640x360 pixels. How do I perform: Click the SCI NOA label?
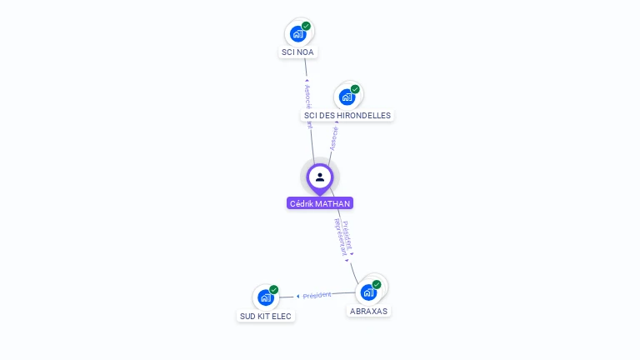(298, 52)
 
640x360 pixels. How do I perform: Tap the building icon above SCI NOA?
(297, 34)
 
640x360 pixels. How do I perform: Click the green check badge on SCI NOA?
(306, 26)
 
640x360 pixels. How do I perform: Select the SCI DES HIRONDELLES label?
(347, 115)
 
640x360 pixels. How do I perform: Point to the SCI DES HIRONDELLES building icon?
(347, 97)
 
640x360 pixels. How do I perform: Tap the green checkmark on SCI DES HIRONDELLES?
(355, 89)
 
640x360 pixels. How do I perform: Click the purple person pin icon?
(320, 177)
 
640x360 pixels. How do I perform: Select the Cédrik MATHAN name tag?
(320, 203)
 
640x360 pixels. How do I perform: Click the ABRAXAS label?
(368, 311)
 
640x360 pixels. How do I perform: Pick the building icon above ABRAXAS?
(368, 292)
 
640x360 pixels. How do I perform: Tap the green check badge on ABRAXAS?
(377, 284)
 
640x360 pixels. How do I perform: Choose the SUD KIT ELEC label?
(266, 316)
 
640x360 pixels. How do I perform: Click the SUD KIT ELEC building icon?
(266, 297)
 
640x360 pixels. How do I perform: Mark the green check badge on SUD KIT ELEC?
(274, 290)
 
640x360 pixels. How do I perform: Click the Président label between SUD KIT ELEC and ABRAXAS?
(317, 295)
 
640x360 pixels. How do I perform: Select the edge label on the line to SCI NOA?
(307, 103)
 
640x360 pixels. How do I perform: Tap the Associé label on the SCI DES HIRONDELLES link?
(334, 137)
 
